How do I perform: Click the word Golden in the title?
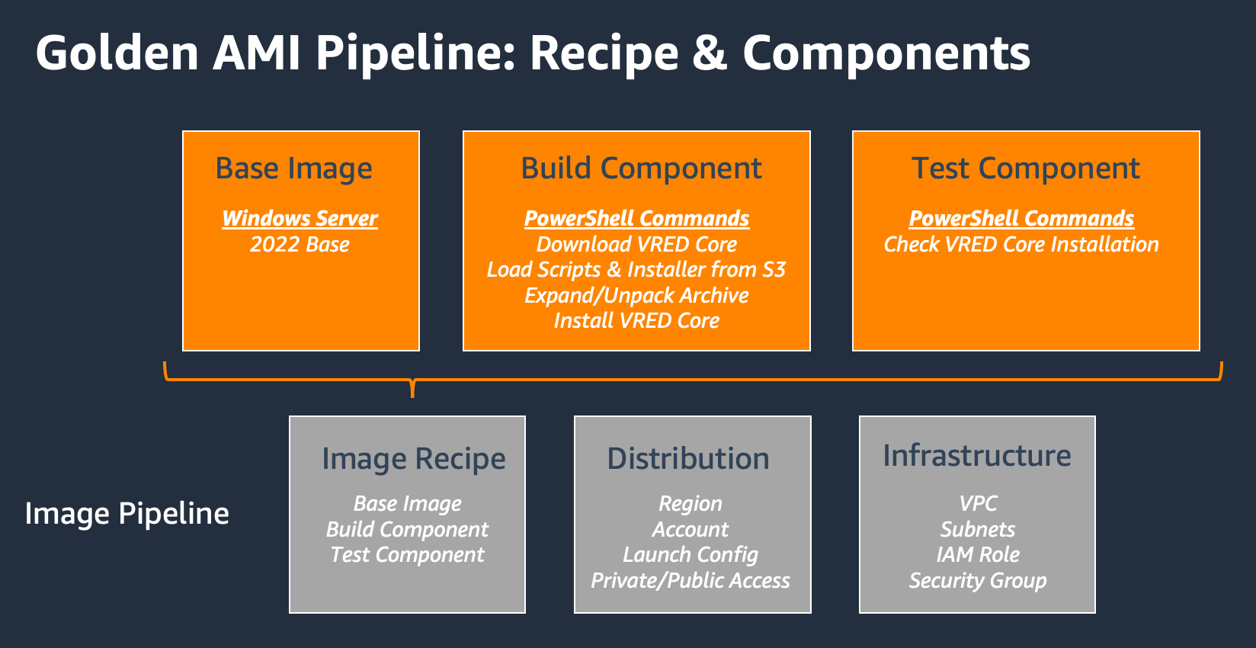(117, 53)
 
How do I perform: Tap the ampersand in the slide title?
(710, 53)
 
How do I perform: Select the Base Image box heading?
(294, 168)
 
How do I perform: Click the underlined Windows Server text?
(300, 219)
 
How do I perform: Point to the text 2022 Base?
(300, 245)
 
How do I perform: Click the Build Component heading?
(641, 168)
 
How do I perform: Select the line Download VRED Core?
(636, 245)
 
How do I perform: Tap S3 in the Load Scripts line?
(774, 270)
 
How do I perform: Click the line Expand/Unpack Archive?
(636, 296)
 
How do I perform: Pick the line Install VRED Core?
(636, 321)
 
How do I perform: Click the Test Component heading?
(1026, 168)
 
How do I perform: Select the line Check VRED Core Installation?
(1021, 245)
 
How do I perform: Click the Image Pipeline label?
(127, 514)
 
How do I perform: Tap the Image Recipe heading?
(413, 459)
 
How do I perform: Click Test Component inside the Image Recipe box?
(407, 555)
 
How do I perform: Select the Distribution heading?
(688, 459)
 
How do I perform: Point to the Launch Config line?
(690, 555)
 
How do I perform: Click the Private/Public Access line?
(690, 581)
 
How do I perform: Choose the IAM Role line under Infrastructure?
(978, 555)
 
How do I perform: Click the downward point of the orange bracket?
(412, 393)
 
